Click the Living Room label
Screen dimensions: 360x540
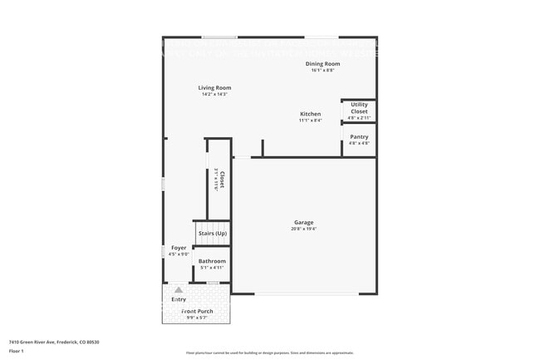click(x=214, y=87)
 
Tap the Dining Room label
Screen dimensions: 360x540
click(x=323, y=64)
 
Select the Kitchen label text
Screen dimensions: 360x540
click(x=310, y=114)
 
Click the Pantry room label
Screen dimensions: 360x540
click(x=359, y=136)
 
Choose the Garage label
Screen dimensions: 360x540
click(x=303, y=222)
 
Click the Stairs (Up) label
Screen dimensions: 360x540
click(x=212, y=234)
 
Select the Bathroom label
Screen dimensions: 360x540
click(x=212, y=261)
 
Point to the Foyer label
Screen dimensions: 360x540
click(x=179, y=248)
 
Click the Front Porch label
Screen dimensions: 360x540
click(x=197, y=311)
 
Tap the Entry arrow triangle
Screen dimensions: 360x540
click(x=178, y=290)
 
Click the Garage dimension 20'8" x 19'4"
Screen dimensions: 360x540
click(x=304, y=229)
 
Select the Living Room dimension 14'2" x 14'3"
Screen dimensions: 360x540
click(x=214, y=94)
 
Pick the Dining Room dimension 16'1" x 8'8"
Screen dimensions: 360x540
click(x=323, y=70)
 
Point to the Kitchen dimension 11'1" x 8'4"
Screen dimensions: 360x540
click(x=310, y=121)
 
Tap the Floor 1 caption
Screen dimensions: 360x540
click(x=17, y=351)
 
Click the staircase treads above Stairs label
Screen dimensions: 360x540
click(x=212, y=224)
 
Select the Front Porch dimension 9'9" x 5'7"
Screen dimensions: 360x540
click(x=197, y=317)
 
